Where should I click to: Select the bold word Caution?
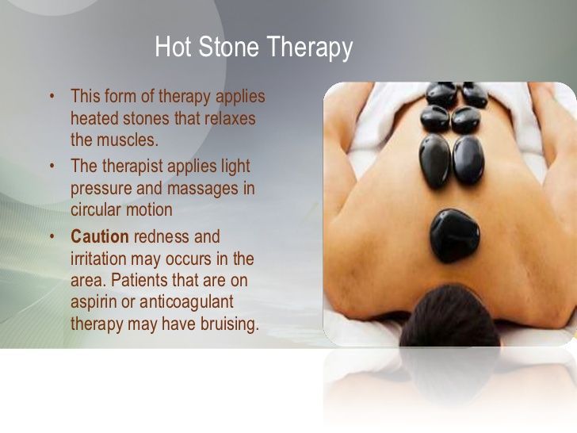click(x=100, y=236)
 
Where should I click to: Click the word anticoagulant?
click(x=186, y=302)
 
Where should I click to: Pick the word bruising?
click(x=230, y=324)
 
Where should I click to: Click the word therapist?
click(x=132, y=167)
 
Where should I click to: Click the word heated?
click(x=94, y=119)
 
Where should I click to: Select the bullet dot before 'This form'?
click(x=52, y=96)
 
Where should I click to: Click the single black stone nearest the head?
click(x=455, y=236)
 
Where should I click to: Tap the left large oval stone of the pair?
click(x=435, y=161)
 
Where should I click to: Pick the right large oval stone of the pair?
click(x=468, y=160)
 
